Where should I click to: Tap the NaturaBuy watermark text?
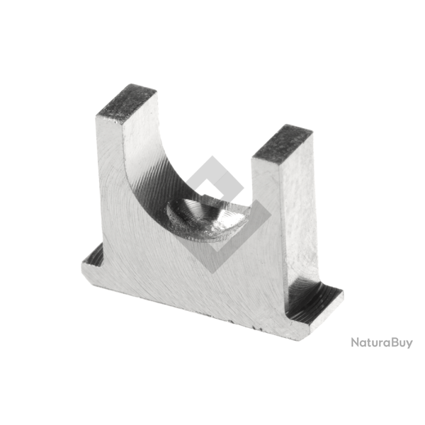(382, 343)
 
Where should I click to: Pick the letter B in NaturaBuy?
(390, 343)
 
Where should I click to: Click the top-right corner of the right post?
(312, 134)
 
